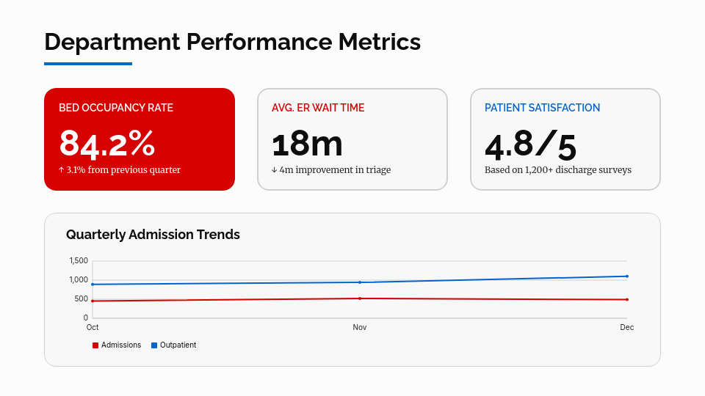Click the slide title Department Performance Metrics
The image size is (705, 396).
click(x=232, y=42)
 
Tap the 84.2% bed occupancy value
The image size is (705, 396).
click(x=107, y=143)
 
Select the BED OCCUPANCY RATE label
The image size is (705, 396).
click(x=116, y=108)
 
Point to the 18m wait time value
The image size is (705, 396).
click(x=307, y=143)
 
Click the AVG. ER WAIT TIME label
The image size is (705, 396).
click(x=318, y=108)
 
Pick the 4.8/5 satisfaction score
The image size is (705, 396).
click(x=530, y=145)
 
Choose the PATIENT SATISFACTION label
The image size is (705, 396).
click(x=542, y=108)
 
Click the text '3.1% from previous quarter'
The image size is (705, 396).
click(x=123, y=170)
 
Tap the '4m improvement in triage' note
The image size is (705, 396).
click(x=335, y=170)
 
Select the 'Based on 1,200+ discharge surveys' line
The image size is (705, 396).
click(x=558, y=170)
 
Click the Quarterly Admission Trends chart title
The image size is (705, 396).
click(x=153, y=235)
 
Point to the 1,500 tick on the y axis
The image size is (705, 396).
click(x=79, y=261)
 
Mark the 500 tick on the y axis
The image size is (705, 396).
click(x=81, y=299)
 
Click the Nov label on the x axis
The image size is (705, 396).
click(x=360, y=327)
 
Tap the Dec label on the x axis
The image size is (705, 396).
click(x=626, y=327)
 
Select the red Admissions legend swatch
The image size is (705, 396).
click(x=95, y=345)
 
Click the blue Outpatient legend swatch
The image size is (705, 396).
click(x=154, y=345)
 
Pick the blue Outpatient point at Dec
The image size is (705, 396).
click(x=626, y=276)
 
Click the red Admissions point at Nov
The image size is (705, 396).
click(x=360, y=298)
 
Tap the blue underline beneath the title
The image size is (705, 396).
click(x=88, y=64)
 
